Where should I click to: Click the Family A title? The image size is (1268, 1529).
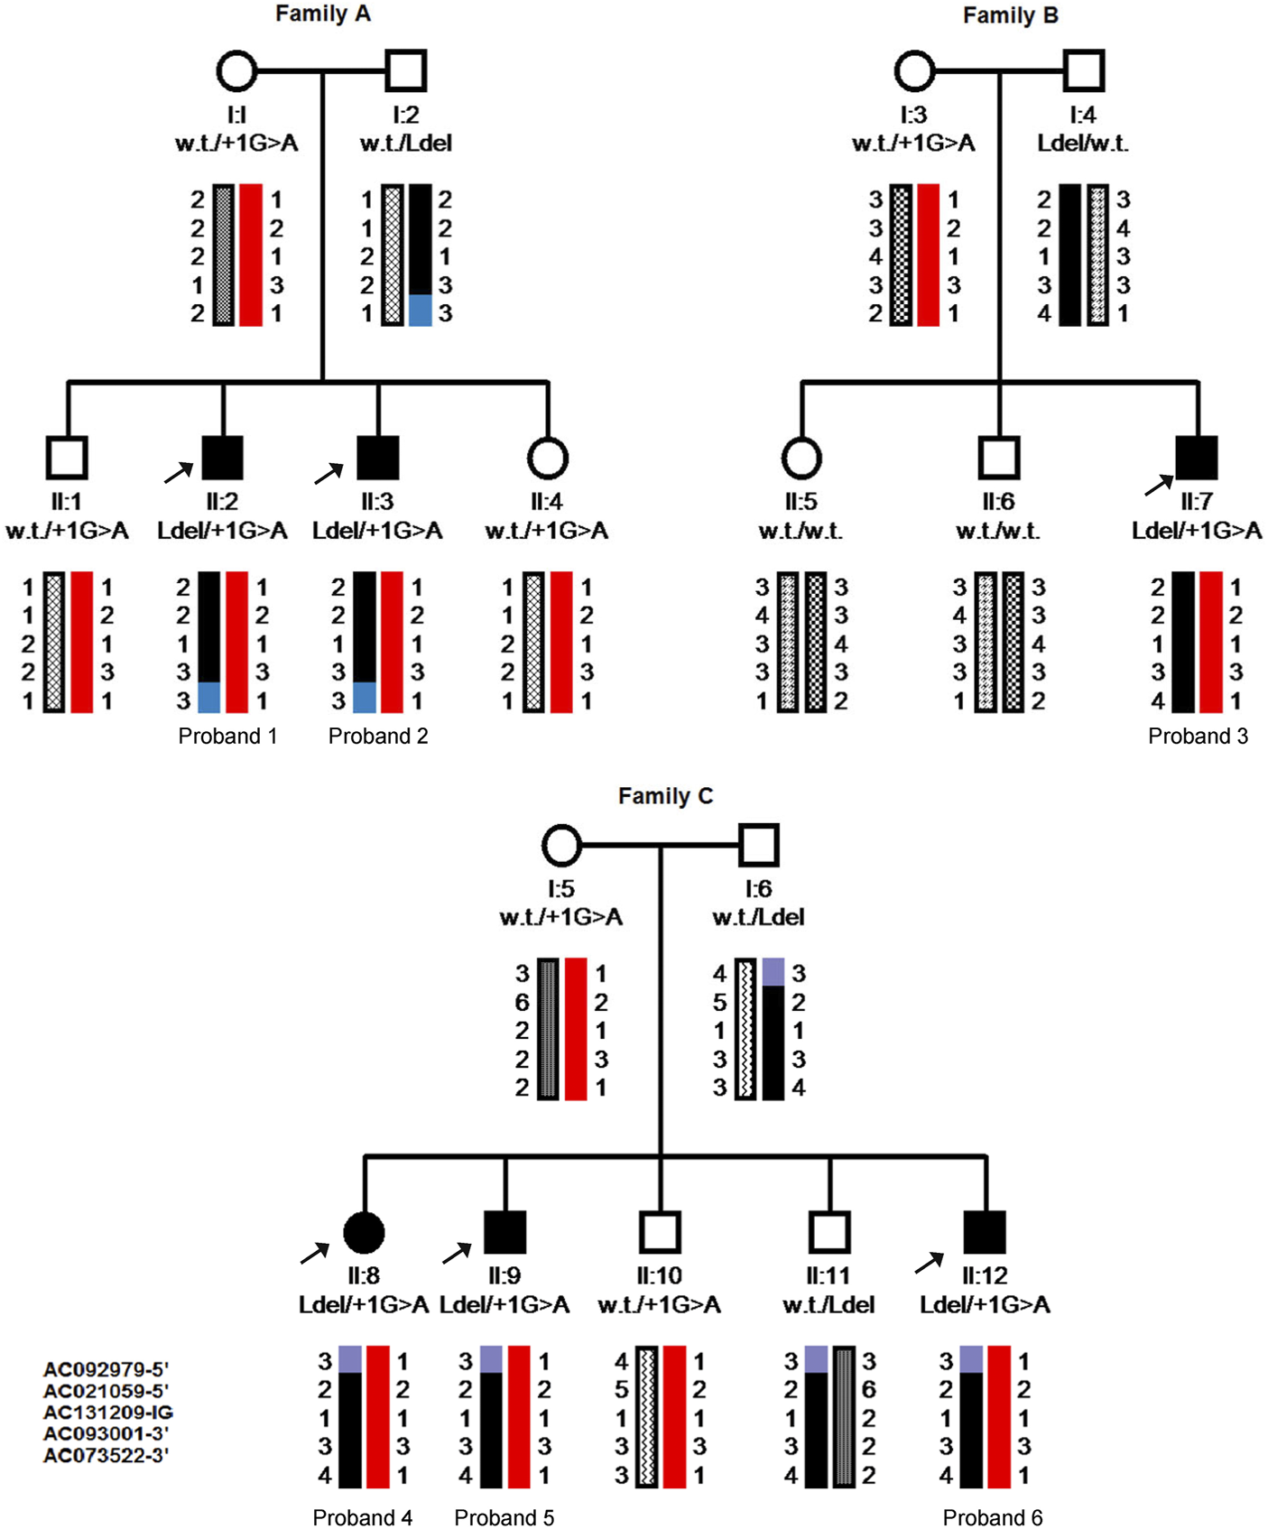(x=322, y=14)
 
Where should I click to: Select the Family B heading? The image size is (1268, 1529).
(x=1010, y=16)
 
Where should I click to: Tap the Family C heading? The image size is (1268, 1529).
(x=665, y=796)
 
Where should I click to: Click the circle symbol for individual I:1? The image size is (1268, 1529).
(x=236, y=71)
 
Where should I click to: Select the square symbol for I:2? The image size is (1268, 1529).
(x=405, y=71)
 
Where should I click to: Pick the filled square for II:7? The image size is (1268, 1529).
(x=1197, y=458)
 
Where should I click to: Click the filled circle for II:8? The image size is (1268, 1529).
(x=365, y=1232)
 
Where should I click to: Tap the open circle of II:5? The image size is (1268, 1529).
(x=801, y=458)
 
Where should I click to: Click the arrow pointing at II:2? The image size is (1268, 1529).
(x=178, y=472)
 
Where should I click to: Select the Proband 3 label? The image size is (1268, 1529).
(x=1198, y=737)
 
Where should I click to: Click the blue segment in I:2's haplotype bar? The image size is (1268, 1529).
(x=420, y=310)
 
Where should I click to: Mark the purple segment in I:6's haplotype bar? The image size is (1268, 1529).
(x=773, y=972)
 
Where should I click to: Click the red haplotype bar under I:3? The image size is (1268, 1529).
(x=928, y=255)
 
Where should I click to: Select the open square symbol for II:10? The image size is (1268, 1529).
(x=660, y=1232)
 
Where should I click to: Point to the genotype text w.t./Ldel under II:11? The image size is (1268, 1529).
(x=828, y=1305)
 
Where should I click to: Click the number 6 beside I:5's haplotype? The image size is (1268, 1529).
(x=523, y=1003)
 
